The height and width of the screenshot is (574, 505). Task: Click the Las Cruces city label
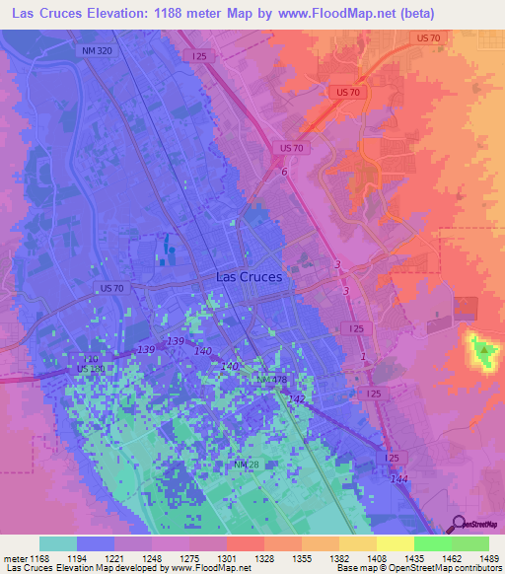pos(249,277)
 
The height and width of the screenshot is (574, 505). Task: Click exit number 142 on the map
pos(297,397)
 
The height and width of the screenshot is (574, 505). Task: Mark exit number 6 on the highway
pos(284,173)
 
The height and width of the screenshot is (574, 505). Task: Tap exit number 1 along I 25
pos(363,356)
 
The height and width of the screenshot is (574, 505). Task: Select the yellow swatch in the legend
pos(395,543)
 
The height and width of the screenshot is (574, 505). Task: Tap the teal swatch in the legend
pos(58,543)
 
